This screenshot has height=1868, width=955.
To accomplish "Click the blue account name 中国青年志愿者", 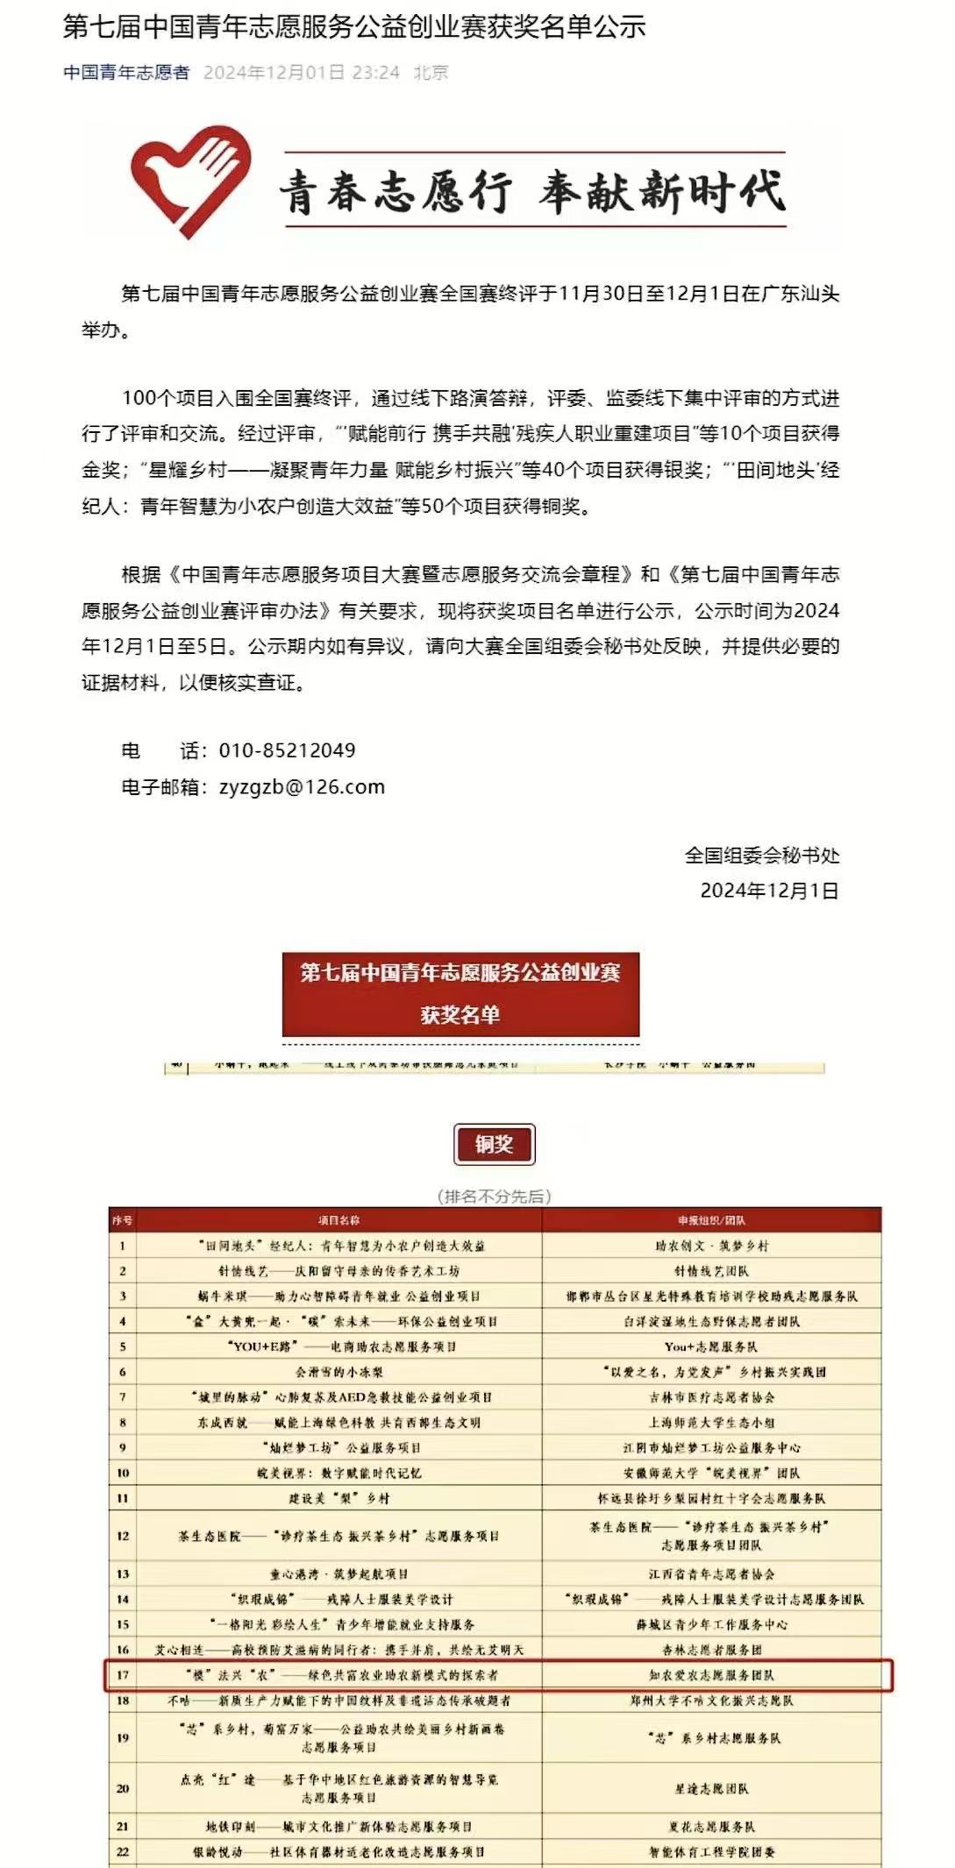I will pyautogui.click(x=126, y=73).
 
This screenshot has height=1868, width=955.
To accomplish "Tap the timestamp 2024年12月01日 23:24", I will pyautogui.click(x=301, y=73).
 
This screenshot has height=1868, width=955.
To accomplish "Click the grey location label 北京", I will pyautogui.click(x=431, y=73).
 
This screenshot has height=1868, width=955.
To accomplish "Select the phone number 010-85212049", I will pyautogui.click(x=287, y=750).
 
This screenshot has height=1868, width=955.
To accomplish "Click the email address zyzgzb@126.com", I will pyautogui.click(x=302, y=787).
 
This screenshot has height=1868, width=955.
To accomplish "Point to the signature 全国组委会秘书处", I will pyautogui.click(x=761, y=856).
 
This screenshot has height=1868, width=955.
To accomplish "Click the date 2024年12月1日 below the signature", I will pyautogui.click(x=768, y=891).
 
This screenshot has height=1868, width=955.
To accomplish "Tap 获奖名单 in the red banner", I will pyautogui.click(x=460, y=1015).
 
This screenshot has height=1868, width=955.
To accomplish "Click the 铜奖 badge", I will pyautogui.click(x=494, y=1144).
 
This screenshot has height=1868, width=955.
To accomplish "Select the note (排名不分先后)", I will pyautogui.click(x=494, y=1197).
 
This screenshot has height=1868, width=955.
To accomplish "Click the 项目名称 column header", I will pyautogui.click(x=339, y=1220).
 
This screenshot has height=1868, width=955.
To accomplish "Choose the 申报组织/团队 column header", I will pyautogui.click(x=711, y=1220).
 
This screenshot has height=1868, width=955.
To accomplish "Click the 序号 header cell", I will pyautogui.click(x=122, y=1220).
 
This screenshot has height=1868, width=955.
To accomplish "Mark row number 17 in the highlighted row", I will pyautogui.click(x=123, y=1675).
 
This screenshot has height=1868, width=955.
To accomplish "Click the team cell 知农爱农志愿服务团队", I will pyautogui.click(x=711, y=1675).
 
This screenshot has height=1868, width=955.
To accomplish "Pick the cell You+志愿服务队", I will pyautogui.click(x=711, y=1346).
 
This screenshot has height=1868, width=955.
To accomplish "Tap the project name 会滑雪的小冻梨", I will pyautogui.click(x=339, y=1372).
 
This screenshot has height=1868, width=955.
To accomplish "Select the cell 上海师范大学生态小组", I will pyautogui.click(x=711, y=1423).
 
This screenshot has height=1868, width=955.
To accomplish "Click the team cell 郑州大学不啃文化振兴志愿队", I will pyautogui.click(x=711, y=1701).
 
